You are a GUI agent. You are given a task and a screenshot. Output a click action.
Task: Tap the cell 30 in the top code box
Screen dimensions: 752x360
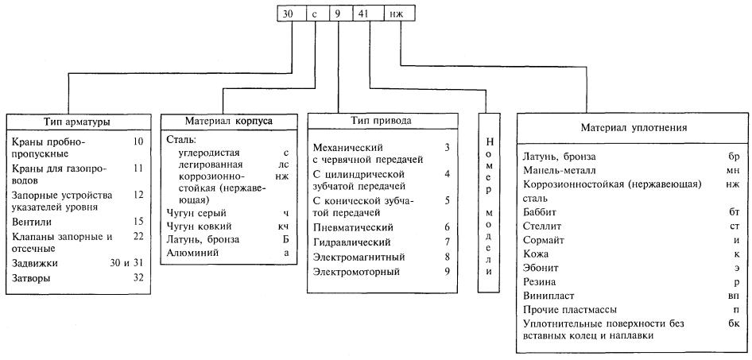292,14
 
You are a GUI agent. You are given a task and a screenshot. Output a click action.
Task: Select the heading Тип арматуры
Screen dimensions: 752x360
77,122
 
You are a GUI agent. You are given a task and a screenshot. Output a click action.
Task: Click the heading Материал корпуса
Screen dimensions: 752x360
228,122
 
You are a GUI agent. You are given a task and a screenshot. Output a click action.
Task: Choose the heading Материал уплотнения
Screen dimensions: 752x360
634,128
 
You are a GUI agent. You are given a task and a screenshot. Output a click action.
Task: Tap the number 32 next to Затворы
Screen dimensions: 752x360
139,278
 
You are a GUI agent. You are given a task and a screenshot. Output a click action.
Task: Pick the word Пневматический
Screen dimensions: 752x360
353,227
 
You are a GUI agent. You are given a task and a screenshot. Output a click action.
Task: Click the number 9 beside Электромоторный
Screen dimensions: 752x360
447,272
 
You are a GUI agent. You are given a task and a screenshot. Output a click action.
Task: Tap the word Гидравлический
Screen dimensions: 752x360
351,242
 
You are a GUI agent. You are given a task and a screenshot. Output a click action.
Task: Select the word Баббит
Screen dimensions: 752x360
540,211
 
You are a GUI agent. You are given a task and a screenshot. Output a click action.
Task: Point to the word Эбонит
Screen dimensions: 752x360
541,268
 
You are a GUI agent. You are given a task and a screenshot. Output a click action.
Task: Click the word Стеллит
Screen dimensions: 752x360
542,226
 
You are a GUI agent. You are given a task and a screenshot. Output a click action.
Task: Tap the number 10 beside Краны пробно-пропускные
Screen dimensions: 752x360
139,142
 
